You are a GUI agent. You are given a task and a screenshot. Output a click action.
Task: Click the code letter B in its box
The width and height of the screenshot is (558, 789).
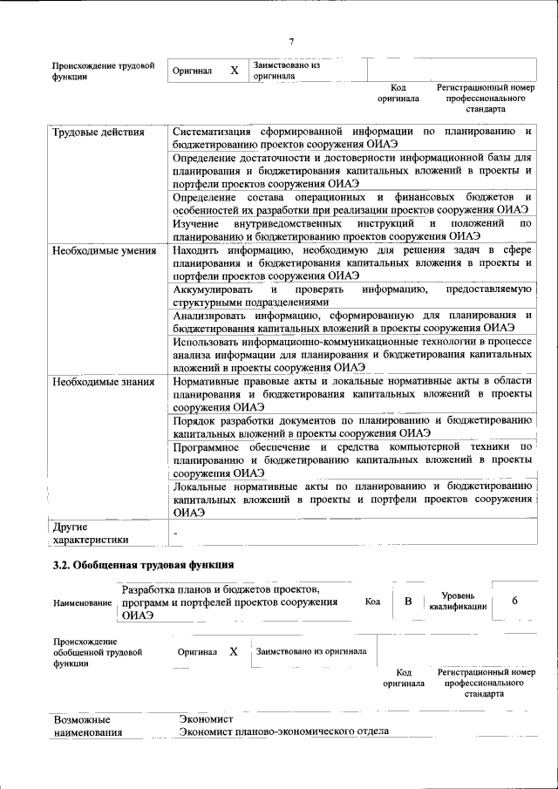[x=406, y=602]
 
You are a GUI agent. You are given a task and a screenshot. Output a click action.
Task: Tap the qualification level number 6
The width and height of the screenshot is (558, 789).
[x=514, y=602]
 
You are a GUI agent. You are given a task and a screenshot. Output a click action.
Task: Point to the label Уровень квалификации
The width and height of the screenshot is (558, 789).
[x=451, y=601]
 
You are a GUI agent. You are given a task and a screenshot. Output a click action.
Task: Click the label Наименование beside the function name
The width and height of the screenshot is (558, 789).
[x=83, y=602]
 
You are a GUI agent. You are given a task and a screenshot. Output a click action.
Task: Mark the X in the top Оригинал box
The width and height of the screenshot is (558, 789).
[x=234, y=70]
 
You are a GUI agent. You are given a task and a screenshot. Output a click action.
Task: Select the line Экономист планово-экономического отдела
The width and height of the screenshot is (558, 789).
[x=283, y=731]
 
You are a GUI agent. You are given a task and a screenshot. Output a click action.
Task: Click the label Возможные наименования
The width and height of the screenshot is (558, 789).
[x=88, y=726]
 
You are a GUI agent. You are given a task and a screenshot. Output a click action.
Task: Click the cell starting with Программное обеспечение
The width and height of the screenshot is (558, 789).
[x=352, y=459]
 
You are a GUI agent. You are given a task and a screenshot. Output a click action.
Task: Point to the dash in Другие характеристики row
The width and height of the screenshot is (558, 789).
[x=176, y=531]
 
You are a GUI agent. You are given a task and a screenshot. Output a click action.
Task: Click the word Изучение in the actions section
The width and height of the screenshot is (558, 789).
[x=198, y=224]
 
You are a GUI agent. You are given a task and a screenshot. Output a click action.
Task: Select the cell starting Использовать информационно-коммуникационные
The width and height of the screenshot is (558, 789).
[x=352, y=355]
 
